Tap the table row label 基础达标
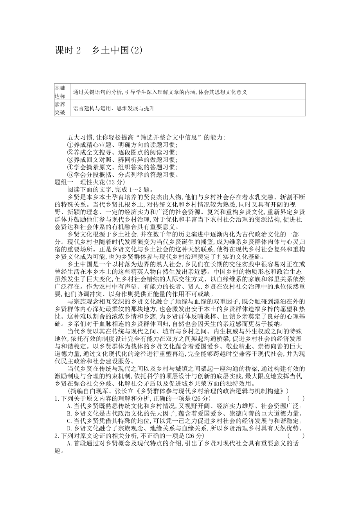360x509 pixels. [60, 91]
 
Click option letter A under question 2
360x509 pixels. [70, 443]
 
